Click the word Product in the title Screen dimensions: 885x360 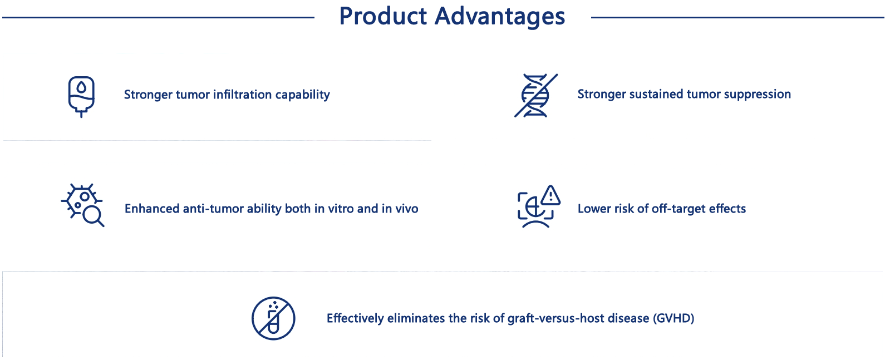point(383,16)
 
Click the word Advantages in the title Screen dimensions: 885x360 point(500,17)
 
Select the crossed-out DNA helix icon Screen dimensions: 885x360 point(536,95)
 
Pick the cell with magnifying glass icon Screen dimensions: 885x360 point(82,205)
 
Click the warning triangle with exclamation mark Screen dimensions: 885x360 point(550,195)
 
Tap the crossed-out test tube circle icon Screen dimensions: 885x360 point(273,318)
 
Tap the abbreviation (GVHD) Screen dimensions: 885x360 point(673,318)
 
